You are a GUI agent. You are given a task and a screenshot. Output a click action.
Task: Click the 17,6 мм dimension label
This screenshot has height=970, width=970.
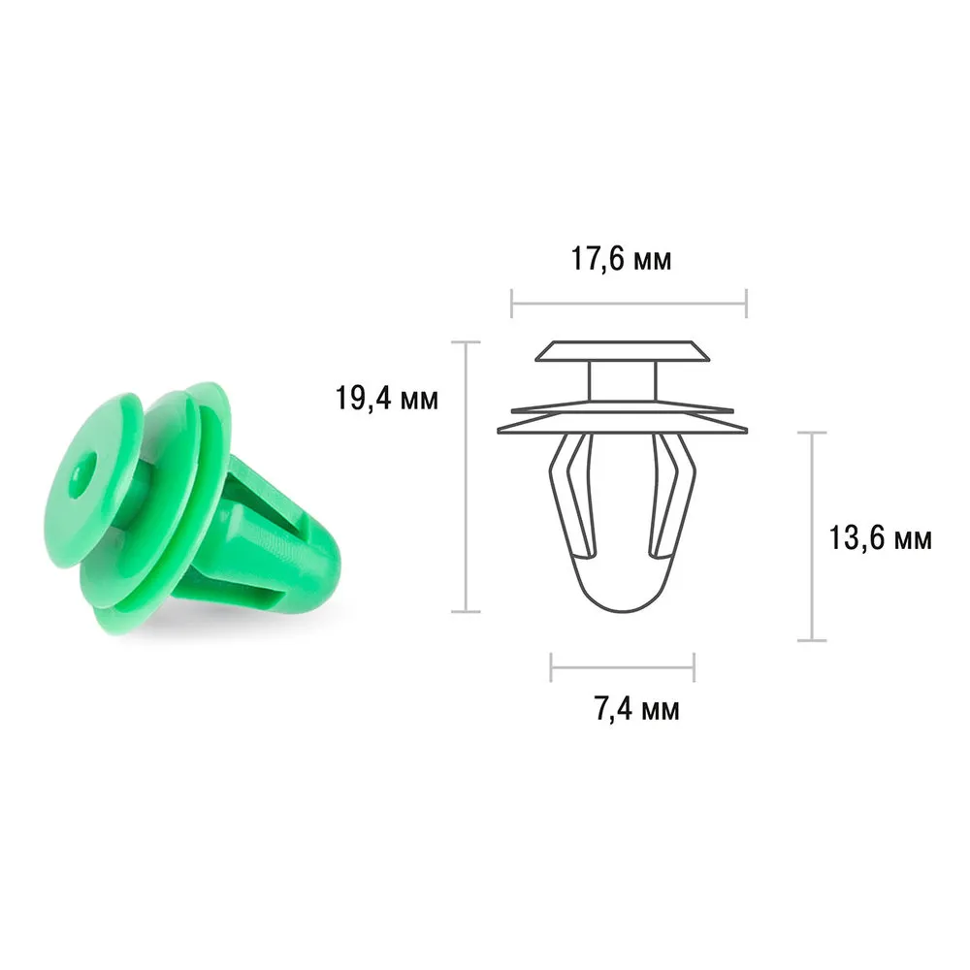621,259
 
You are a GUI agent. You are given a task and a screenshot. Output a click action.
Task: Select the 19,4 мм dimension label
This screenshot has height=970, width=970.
387,398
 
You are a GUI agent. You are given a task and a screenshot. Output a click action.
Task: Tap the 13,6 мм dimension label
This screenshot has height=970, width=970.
880,538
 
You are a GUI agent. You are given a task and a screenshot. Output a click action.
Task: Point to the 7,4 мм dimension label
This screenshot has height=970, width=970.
637,709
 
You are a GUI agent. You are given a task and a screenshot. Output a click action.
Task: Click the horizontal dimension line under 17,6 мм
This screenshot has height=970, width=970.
630,303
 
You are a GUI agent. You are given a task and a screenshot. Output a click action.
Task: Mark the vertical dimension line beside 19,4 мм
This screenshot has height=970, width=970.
466,476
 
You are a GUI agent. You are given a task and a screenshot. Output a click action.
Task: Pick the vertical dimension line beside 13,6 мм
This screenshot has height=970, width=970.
812,536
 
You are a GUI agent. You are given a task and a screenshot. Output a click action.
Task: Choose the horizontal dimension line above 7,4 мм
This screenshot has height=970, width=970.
623,667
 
